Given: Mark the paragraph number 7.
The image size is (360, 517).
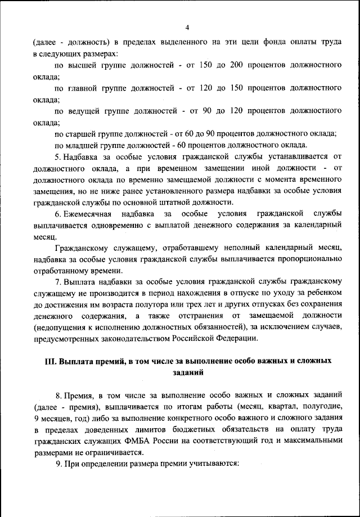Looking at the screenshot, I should click(x=57, y=282).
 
